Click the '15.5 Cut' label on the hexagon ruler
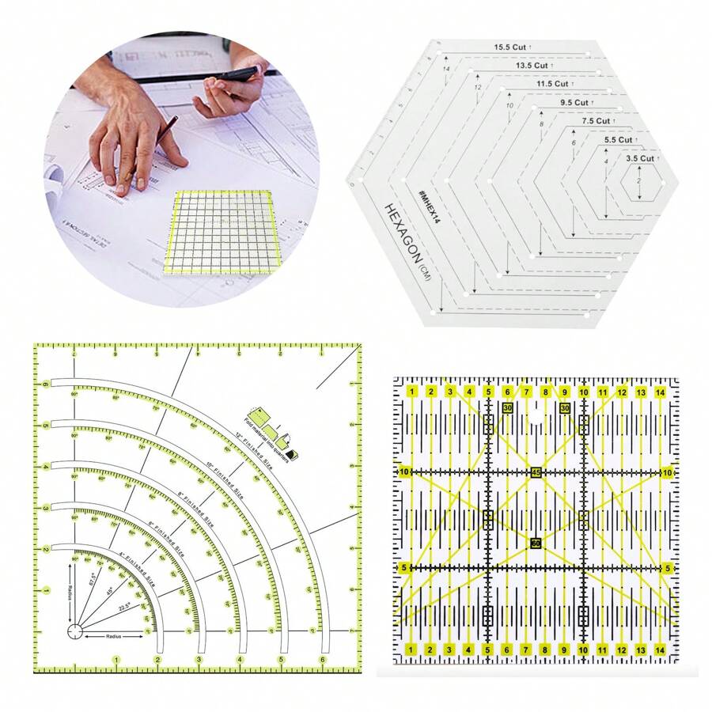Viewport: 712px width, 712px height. [x=510, y=47]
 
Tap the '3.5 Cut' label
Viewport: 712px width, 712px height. [x=640, y=158]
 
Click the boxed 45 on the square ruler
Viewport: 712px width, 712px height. [x=536, y=473]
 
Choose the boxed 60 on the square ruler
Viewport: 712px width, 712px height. [x=536, y=543]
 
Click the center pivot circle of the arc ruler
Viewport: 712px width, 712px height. [x=74, y=631]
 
